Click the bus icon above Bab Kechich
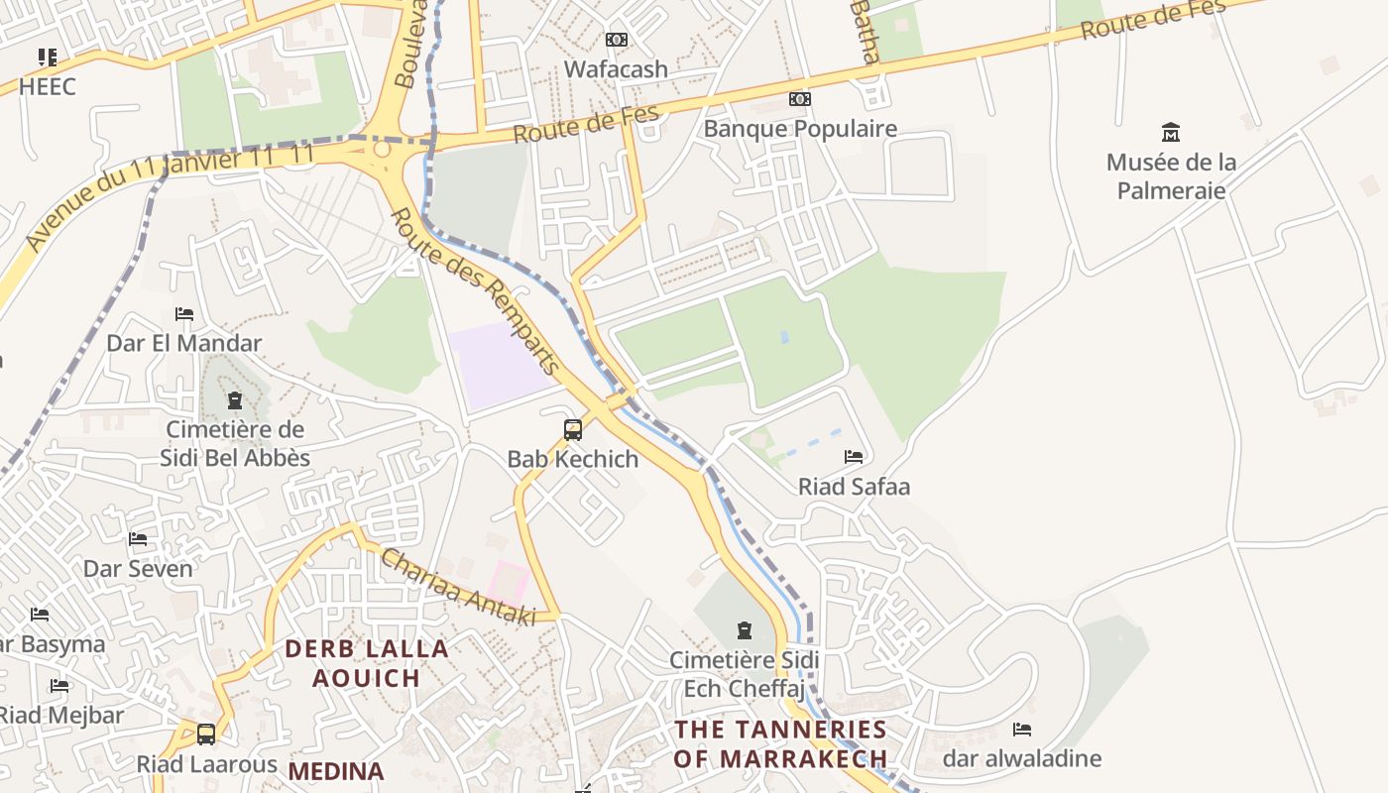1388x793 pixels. pyautogui.click(x=573, y=430)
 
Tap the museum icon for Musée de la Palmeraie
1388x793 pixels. pyautogui.click(x=1171, y=132)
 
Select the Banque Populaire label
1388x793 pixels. pyautogui.click(x=800, y=129)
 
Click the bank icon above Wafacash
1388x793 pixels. pyautogui.click(x=617, y=40)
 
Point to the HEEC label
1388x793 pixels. pyautogui.click(x=47, y=86)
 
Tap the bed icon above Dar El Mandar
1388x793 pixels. pyautogui.click(x=184, y=314)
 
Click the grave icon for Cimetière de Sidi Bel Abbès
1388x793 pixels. pyautogui.click(x=235, y=400)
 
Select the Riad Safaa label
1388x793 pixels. pyautogui.click(x=854, y=487)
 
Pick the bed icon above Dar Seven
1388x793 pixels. pyautogui.click(x=138, y=539)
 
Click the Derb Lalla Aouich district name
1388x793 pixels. pyautogui.click(x=367, y=663)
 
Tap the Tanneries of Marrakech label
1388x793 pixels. pyautogui.click(x=780, y=743)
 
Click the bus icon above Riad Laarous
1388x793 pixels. pyautogui.click(x=206, y=735)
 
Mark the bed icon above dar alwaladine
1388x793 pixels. pyautogui.click(x=1022, y=730)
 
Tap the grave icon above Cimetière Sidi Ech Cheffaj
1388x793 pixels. pyautogui.click(x=745, y=630)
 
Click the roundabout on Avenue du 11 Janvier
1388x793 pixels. pyautogui.click(x=382, y=150)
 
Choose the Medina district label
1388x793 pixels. pyautogui.click(x=336, y=771)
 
